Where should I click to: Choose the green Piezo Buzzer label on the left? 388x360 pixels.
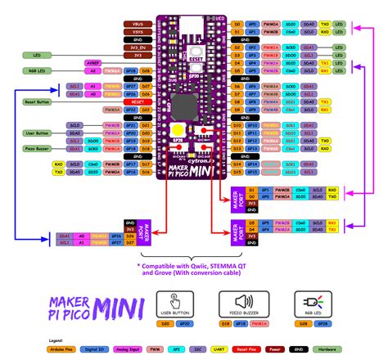click(38, 150)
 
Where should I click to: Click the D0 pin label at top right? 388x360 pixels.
click(237, 24)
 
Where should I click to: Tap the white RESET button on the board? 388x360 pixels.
click(196, 50)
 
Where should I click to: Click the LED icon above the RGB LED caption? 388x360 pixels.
click(310, 302)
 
